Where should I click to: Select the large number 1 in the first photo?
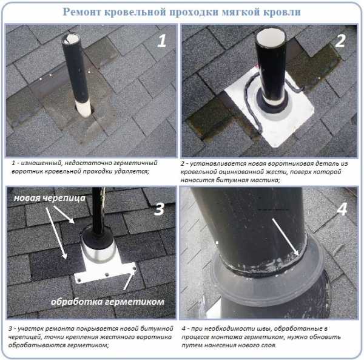(162, 41)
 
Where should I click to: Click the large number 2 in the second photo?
(340, 41)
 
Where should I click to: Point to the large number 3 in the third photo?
(159, 209)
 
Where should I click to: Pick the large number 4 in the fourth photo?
(342, 209)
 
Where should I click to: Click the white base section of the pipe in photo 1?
(84, 108)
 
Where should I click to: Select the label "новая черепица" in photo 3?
(50, 198)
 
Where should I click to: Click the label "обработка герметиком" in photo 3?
(107, 302)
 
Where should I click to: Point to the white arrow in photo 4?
(286, 237)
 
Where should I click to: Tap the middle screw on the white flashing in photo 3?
(107, 275)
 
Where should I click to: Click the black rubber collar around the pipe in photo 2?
(271, 103)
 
